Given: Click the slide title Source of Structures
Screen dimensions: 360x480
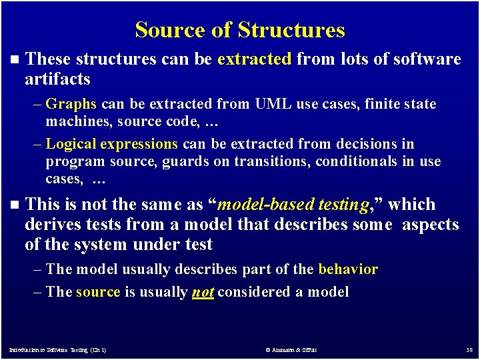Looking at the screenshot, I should pyautogui.click(x=240, y=30).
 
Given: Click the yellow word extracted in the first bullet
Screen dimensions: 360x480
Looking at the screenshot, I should pyautogui.click(x=254, y=59).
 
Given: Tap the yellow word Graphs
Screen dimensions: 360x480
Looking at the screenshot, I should pyautogui.click(x=72, y=104).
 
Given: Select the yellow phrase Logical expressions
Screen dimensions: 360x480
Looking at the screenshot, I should pyautogui.click(x=111, y=144).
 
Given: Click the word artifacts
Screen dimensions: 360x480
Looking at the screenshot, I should pyautogui.click(x=57, y=79).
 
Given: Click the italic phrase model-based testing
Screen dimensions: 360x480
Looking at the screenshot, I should pyautogui.click(x=293, y=205).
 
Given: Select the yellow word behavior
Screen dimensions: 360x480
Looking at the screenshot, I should pyautogui.click(x=348, y=269).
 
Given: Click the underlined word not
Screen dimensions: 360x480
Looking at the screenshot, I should pyautogui.click(x=203, y=292).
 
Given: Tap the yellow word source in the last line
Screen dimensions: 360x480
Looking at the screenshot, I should pyautogui.click(x=98, y=292).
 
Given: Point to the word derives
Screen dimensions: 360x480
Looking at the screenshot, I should pyautogui.click(x=54, y=225).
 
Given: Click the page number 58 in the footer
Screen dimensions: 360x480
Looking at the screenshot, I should pyautogui.click(x=468, y=349).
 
